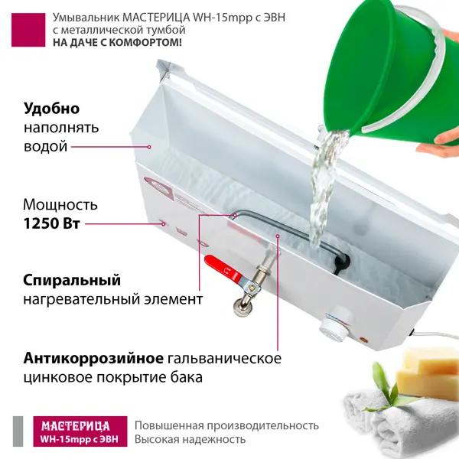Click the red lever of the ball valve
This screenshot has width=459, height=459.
click(222, 269)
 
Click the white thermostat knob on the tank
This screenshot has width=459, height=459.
click(335, 326)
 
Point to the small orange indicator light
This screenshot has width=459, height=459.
click(364, 340)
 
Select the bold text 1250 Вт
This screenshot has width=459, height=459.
click(51, 224)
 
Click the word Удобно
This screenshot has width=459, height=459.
click(51, 109)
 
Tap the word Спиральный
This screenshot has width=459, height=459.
click(72, 281)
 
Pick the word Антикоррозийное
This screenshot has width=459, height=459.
click(93, 358)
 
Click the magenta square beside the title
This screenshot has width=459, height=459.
click(28, 30)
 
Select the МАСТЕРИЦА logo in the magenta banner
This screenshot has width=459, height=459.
click(76, 426)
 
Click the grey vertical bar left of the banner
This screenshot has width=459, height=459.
click(18, 431)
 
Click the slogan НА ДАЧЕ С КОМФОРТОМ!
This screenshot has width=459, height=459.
click(117, 43)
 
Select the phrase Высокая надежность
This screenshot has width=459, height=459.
click(190, 439)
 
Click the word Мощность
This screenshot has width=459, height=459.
click(60, 204)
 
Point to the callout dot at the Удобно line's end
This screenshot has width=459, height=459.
click(149, 147)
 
